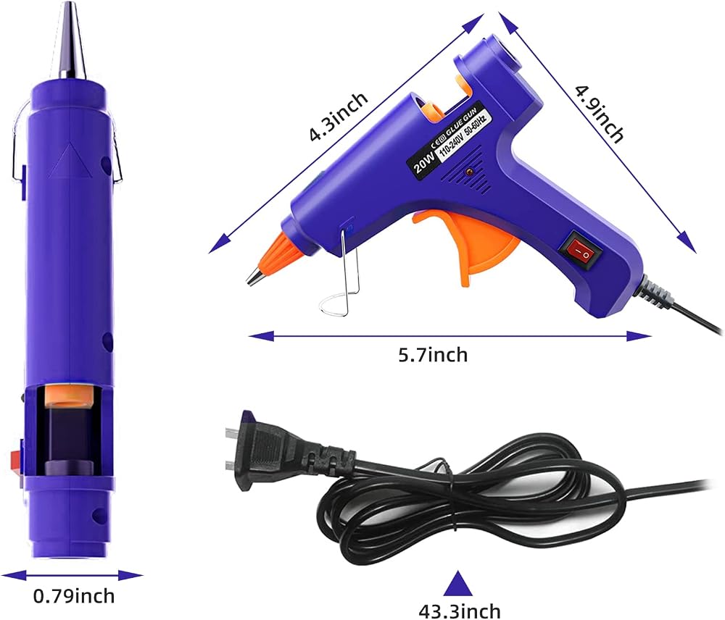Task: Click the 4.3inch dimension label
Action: click(x=339, y=117)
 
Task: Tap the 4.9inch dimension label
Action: click(x=600, y=113)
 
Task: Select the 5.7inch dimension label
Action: click(x=433, y=356)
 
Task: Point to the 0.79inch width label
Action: click(x=74, y=596)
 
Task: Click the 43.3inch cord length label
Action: click(x=460, y=611)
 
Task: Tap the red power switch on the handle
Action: click(x=581, y=248)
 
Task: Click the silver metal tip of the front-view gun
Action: click(x=72, y=41)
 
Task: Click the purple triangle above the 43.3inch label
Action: click(x=459, y=584)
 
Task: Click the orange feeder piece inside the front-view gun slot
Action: click(x=69, y=396)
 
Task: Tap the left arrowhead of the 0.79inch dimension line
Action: click(x=14, y=576)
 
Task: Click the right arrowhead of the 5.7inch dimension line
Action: click(x=639, y=336)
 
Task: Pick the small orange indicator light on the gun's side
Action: click(x=469, y=173)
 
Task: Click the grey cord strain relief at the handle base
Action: click(x=653, y=292)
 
